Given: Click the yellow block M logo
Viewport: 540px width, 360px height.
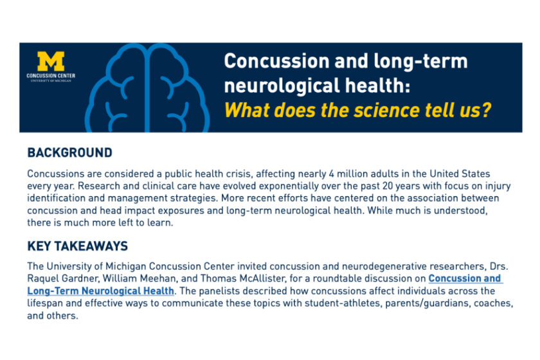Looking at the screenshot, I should (x=51, y=61).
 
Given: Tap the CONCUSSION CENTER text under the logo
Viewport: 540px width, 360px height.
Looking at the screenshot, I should (x=51, y=76).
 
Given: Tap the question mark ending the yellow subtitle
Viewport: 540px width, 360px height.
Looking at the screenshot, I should (x=486, y=109).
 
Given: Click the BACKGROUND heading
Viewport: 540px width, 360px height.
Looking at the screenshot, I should (x=69, y=153).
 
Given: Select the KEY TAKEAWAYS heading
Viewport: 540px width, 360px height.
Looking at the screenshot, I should (x=77, y=246).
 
